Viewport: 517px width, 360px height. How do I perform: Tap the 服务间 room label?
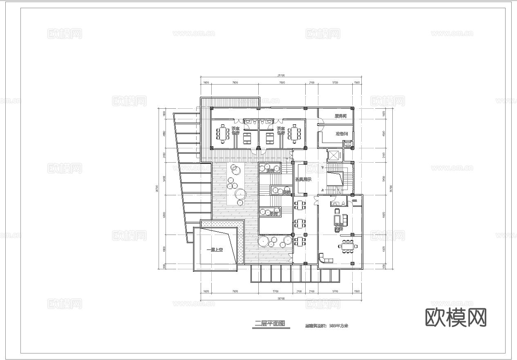[x=340, y=116]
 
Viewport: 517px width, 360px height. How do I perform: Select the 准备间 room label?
[x=341, y=134]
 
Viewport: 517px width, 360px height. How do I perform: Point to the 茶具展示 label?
[x=303, y=179]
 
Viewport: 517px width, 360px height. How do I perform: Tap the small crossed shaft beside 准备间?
[x=348, y=144]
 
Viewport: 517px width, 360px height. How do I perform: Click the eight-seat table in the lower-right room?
[x=348, y=246]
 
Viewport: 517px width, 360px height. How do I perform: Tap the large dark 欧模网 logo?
[x=456, y=318]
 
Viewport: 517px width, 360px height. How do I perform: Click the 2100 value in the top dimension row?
[x=311, y=83]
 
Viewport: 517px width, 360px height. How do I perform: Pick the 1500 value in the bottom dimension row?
[x=357, y=291]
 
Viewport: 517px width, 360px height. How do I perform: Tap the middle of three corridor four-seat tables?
[x=300, y=223]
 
